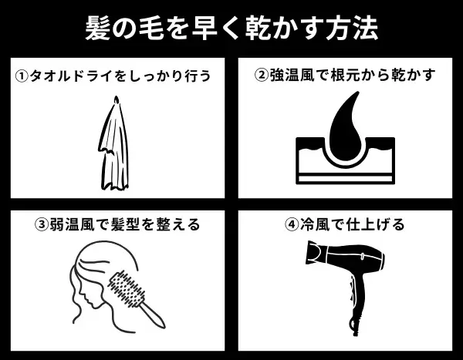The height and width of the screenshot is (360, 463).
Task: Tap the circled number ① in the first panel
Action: (x=22, y=76)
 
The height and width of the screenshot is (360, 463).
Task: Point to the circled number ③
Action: (x=42, y=225)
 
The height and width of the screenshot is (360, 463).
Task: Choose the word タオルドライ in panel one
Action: (x=66, y=76)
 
